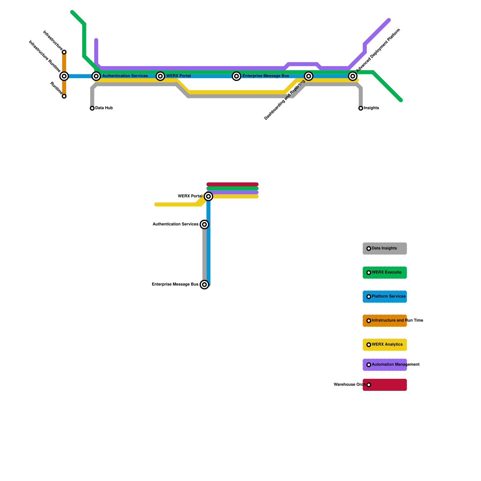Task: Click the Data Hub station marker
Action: [x=92, y=108]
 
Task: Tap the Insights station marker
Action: [x=361, y=108]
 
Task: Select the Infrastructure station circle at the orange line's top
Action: [x=64, y=52]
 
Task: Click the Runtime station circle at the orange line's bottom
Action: [x=64, y=96]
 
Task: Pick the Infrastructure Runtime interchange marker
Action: [x=64, y=76]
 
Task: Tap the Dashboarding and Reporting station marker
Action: [x=308, y=76]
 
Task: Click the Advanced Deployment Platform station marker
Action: [x=353, y=76]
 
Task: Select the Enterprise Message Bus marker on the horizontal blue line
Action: [x=237, y=76]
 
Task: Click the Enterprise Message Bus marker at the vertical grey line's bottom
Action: [x=204, y=284]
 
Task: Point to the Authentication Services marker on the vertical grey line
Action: [x=204, y=224]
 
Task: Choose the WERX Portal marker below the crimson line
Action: [x=208, y=196]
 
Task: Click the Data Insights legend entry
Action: [x=384, y=249]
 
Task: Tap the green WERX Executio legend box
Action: [x=384, y=273]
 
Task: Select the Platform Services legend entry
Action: [x=384, y=297]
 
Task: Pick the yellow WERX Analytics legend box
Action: [x=384, y=345]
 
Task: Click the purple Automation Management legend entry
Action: [x=384, y=365]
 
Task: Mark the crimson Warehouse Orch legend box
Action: [x=384, y=385]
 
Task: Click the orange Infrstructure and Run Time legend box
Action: [x=384, y=321]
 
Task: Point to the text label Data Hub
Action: [x=104, y=108]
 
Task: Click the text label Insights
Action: [x=371, y=108]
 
